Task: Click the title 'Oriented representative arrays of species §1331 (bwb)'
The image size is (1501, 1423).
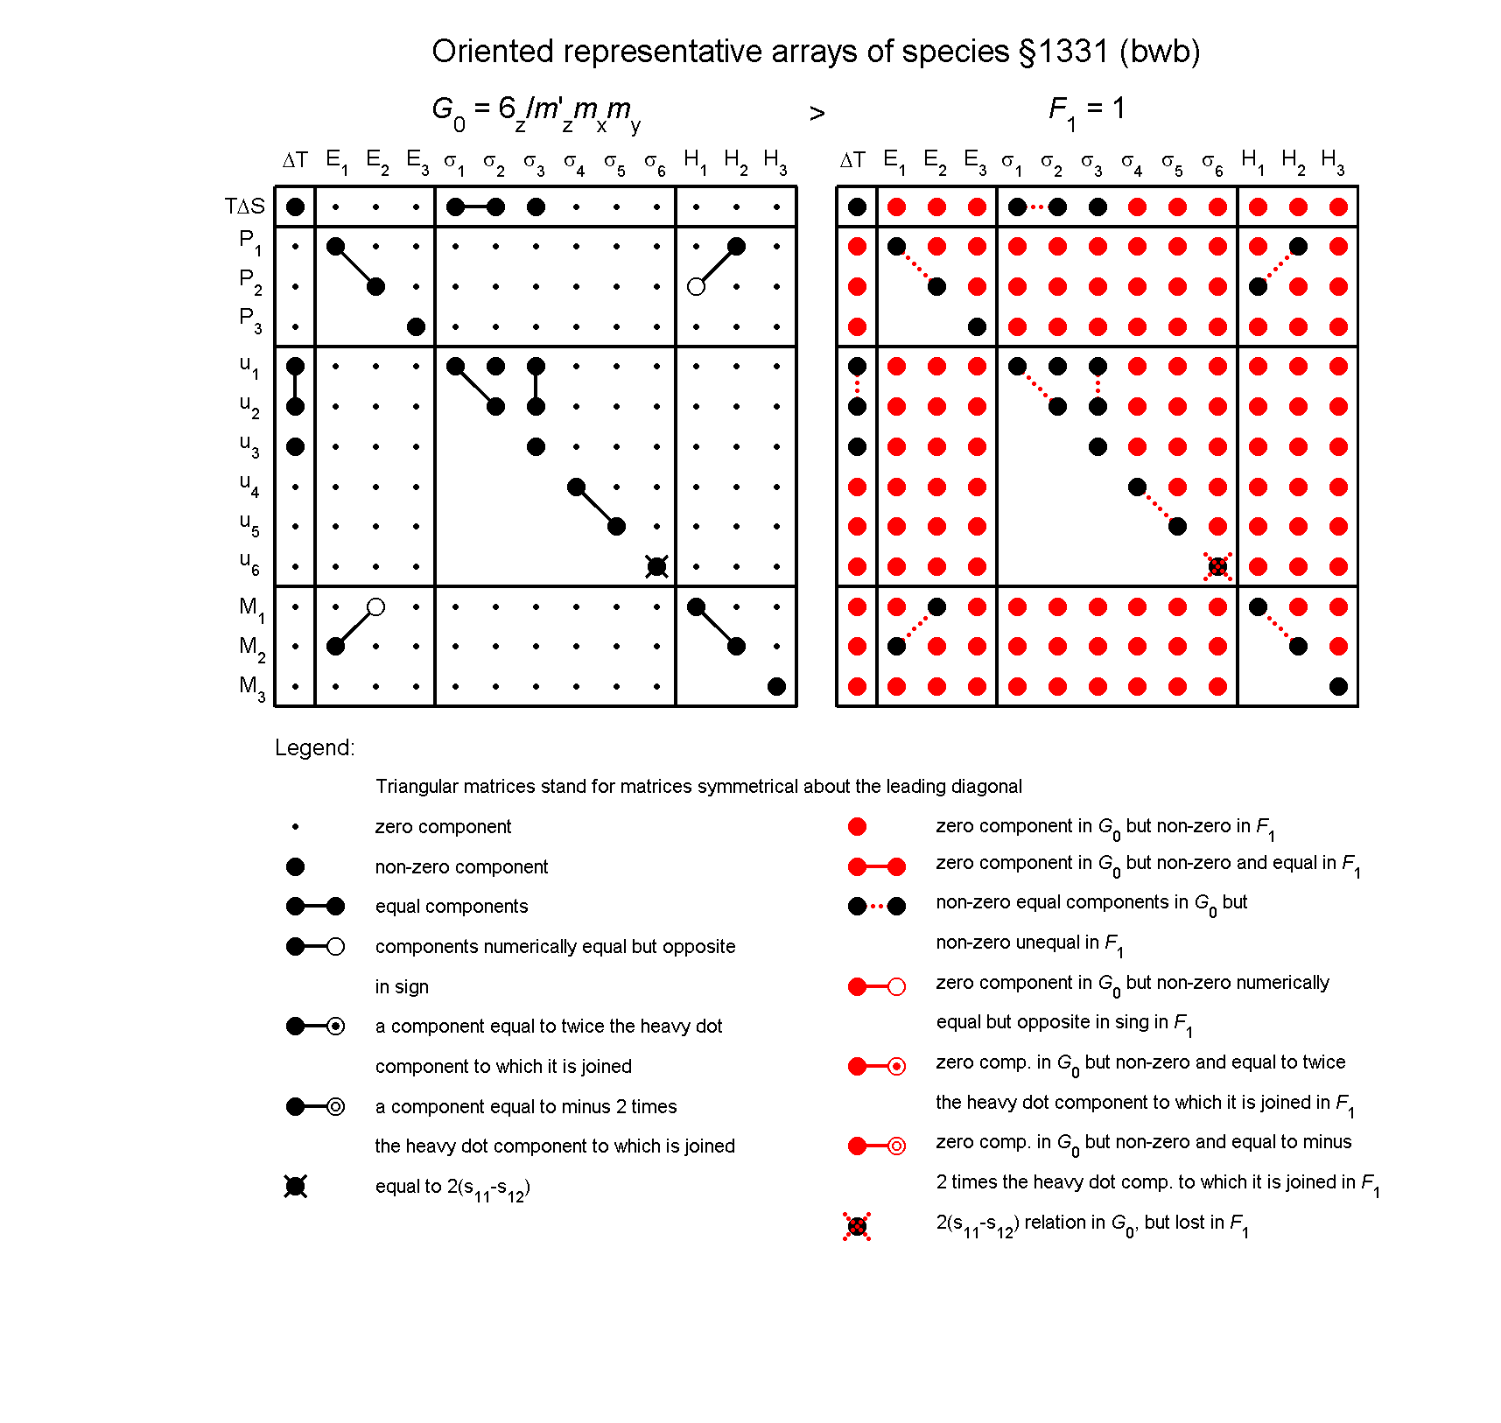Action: click(x=815, y=52)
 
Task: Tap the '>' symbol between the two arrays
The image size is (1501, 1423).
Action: click(x=817, y=114)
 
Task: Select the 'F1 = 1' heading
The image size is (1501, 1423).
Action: click(x=1086, y=110)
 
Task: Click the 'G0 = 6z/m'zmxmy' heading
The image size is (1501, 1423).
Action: click(x=536, y=112)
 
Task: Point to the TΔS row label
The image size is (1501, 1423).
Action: click(x=244, y=207)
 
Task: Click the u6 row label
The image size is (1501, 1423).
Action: click(x=249, y=563)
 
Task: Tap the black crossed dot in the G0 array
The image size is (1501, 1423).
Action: click(x=656, y=566)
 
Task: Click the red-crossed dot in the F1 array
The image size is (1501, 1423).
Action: click(x=1217, y=566)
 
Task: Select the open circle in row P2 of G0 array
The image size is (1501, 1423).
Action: click(x=696, y=286)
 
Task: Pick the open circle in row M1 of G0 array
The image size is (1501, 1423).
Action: click(x=375, y=606)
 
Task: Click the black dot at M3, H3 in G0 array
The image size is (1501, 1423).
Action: click(x=776, y=686)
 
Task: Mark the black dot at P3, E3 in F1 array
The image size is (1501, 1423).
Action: click(x=977, y=326)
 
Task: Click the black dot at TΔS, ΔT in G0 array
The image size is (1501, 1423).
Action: click(x=295, y=207)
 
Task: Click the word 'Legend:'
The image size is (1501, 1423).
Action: click(x=314, y=747)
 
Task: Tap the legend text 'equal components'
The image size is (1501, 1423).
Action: click(x=451, y=907)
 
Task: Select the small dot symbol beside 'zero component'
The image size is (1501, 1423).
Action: click(x=295, y=826)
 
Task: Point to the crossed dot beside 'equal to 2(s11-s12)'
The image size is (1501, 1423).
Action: click(x=295, y=1187)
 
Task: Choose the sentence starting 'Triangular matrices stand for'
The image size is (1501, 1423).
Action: click(x=698, y=786)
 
